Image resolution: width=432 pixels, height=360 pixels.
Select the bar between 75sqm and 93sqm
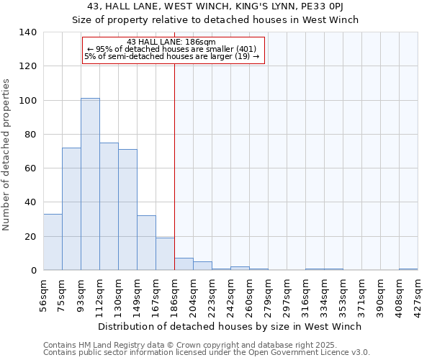tap(71, 209)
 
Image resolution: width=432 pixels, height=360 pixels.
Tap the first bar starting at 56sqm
tap(53, 242)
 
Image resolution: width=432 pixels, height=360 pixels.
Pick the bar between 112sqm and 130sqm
tap(109, 207)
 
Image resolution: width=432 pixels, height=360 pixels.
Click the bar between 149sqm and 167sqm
tap(146, 243)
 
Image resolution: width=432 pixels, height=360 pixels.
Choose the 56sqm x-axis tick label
tap(43, 295)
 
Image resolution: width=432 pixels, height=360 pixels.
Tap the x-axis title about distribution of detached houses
tap(230, 326)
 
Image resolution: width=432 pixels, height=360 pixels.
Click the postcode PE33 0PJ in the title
tap(330, 6)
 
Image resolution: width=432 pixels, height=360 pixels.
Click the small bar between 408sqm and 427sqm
tap(408, 269)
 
